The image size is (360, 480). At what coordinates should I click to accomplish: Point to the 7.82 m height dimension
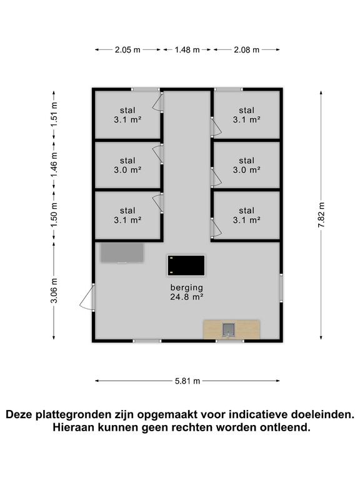point(321,214)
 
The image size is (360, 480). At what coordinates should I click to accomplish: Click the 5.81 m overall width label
point(187,381)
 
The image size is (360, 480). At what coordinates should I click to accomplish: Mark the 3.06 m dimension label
point(54,291)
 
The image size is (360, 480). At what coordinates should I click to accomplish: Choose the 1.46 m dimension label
point(54,165)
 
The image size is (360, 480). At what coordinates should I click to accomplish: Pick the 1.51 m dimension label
point(54,115)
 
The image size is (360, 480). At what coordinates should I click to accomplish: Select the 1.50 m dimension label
point(54,214)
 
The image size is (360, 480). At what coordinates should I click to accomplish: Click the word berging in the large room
point(187,287)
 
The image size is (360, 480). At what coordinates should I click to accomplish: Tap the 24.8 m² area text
point(187,297)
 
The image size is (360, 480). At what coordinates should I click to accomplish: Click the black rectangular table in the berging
point(186,265)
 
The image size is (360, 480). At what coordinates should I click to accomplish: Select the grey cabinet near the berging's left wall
point(122,253)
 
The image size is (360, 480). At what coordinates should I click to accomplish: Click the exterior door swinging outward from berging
point(86,297)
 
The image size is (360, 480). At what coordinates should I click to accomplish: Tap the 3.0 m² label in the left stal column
point(127,169)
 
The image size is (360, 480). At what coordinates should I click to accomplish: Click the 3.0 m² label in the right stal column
point(246,169)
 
